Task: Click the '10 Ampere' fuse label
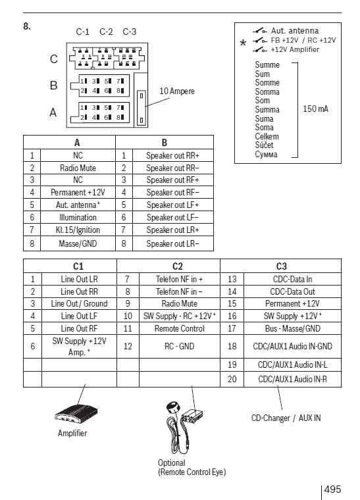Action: click(x=176, y=91)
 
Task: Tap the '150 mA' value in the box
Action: click(x=315, y=109)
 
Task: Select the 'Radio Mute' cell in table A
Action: click(x=78, y=168)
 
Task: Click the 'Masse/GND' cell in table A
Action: click(x=78, y=243)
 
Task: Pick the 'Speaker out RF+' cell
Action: click(x=172, y=180)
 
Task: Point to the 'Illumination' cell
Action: click(x=78, y=218)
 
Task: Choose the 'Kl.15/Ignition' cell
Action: click(x=78, y=230)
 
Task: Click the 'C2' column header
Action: click(x=177, y=266)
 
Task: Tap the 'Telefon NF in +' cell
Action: click(x=179, y=279)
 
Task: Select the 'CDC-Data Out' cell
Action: click(x=292, y=291)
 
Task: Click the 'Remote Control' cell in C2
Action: click(x=179, y=328)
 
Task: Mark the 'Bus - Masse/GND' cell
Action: click(x=292, y=328)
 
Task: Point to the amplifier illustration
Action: click(x=76, y=414)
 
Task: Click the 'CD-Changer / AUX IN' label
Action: click(x=286, y=418)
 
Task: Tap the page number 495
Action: click(x=332, y=489)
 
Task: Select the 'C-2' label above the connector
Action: click(x=106, y=32)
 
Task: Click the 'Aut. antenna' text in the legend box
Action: click(x=295, y=31)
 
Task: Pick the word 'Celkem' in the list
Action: click(x=267, y=136)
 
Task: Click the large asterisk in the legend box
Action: click(x=243, y=43)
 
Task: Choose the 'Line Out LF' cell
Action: click(x=79, y=316)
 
